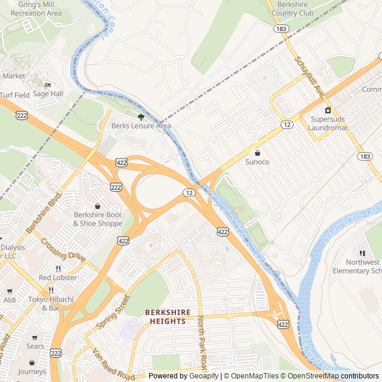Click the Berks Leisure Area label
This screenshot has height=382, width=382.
[141, 126]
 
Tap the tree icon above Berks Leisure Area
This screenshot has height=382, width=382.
[141, 117]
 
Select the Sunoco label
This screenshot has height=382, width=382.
[257, 162]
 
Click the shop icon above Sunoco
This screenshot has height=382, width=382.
[257, 153]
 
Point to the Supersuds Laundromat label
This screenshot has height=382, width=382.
[328, 124]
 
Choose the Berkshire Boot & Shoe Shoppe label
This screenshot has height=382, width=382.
[97, 219]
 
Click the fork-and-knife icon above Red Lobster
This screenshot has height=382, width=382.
[58, 269]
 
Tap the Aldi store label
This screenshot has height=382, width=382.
[10, 300]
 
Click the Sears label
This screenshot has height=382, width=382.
[35, 346]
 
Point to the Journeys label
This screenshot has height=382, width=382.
[32, 372]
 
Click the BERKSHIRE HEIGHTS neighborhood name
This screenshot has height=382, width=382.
[168, 316]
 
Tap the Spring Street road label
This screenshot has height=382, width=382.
[113, 312]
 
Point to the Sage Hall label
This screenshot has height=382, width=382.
[48, 94]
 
